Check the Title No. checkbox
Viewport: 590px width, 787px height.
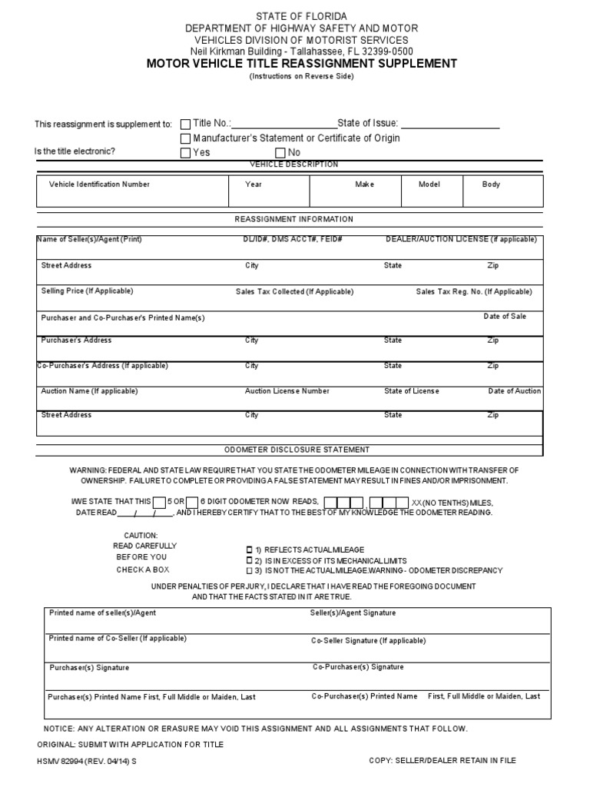pos(185,124)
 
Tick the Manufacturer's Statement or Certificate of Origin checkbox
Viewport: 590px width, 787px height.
pos(185,138)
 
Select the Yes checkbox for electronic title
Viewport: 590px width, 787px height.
pos(185,153)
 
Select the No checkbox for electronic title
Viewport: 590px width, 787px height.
pos(280,153)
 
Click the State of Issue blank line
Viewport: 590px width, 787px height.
pos(449,125)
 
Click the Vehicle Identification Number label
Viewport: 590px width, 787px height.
pos(99,184)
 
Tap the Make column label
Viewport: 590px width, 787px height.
pos(364,184)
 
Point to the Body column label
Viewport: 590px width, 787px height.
pos(491,184)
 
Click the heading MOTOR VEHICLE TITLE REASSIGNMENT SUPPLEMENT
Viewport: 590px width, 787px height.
pos(301,64)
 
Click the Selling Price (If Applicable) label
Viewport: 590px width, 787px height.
pos(87,291)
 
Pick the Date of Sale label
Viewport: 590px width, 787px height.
pos(505,317)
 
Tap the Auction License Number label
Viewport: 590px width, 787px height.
pos(287,391)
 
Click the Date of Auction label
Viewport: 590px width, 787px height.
pos(514,391)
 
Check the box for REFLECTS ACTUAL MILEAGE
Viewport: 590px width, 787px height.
pos(248,550)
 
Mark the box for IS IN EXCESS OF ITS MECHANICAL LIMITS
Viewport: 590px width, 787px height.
pos(248,561)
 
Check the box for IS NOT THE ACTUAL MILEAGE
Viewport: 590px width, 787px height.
pos(248,571)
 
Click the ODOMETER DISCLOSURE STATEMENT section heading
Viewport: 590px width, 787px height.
pos(296,450)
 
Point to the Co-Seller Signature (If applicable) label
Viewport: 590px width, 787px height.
pos(368,640)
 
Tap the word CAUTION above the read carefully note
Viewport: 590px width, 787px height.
pos(141,535)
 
